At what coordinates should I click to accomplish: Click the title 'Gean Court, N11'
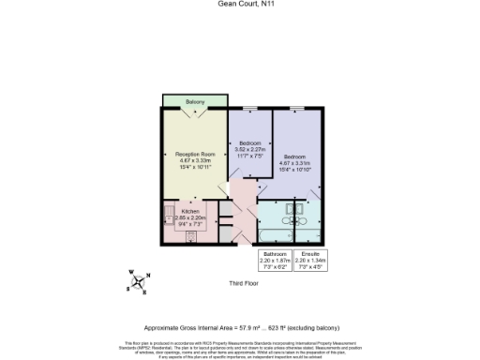[239, 5]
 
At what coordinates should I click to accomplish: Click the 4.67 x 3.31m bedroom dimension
[297, 161]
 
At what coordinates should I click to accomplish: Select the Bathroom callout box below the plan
[275, 260]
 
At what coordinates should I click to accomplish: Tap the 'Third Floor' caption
[243, 282]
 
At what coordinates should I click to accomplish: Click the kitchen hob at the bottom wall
[191, 237]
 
